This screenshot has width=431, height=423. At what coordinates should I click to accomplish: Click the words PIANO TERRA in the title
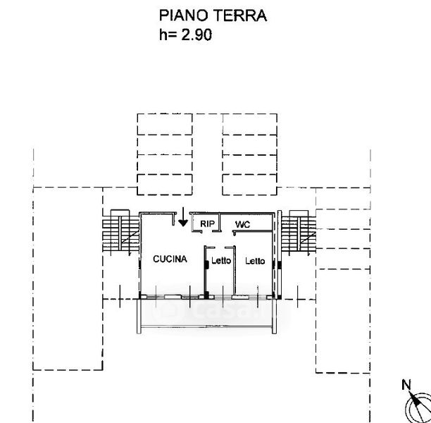point(213,16)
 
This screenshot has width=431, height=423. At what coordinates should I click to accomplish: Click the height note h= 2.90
point(185,33)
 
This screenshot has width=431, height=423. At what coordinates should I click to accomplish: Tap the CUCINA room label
point(170,259)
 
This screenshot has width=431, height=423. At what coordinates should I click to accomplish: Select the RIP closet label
point(207,224)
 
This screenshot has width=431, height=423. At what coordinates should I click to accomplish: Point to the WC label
point(243,224)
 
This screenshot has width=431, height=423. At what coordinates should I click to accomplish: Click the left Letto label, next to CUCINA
point(221,261)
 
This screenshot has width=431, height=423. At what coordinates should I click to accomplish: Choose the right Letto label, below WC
point(255,261)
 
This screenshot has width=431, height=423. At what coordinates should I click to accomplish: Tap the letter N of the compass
point(406,385)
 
